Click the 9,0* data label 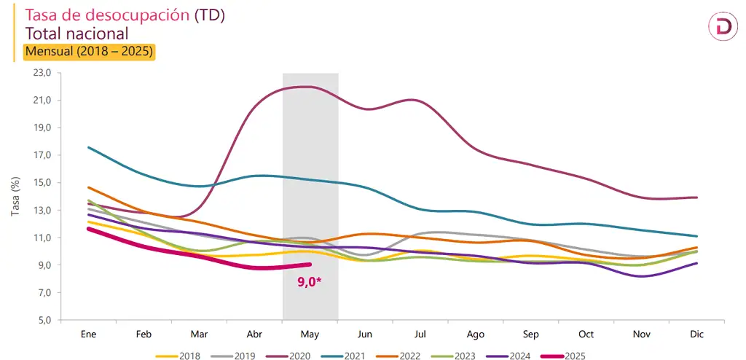310,281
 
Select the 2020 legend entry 291,355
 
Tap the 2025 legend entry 565,355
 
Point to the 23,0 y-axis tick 43,73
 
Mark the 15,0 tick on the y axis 43,183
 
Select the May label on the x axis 310,334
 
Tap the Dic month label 696,334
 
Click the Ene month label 88,334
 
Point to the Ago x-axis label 476,334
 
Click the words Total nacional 77,34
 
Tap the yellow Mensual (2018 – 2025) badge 90,52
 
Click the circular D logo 723,27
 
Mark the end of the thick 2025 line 310,265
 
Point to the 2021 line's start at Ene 88,147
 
